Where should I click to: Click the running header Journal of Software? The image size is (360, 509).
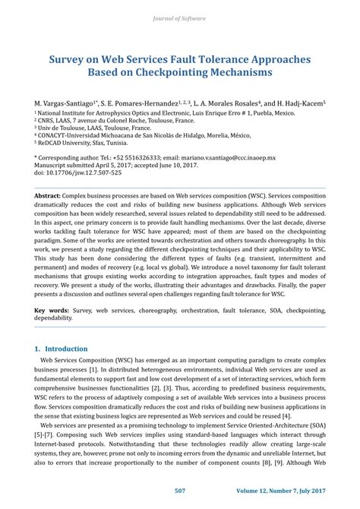(x=180, y=17)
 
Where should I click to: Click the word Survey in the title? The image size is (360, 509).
(x=69, y=57)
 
